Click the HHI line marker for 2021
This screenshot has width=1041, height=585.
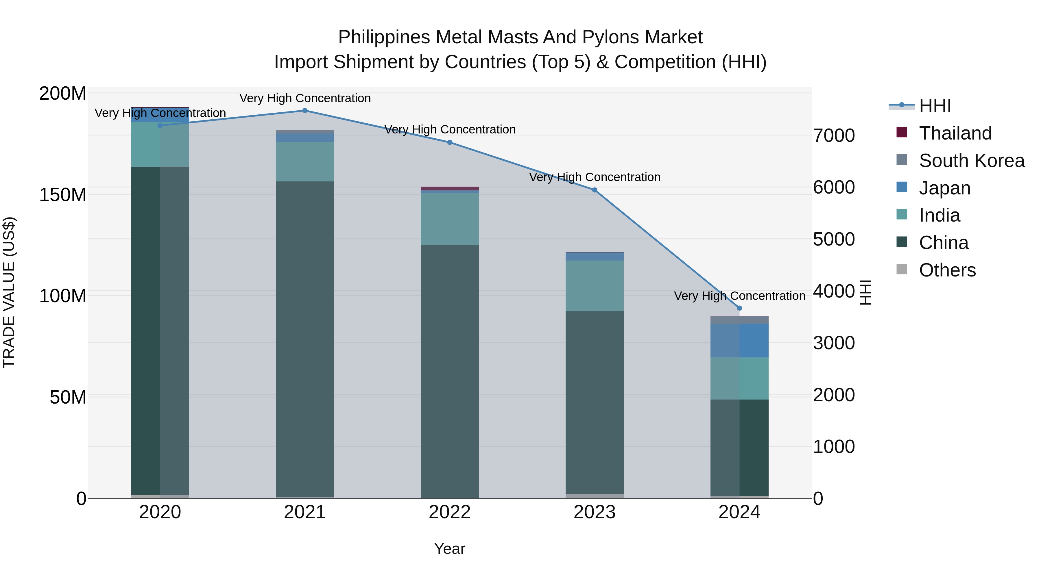305,111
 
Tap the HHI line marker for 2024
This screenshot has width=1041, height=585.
739,308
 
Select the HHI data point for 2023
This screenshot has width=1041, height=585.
595,190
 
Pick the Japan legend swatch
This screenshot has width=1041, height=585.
902,187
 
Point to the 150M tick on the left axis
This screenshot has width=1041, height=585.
63,195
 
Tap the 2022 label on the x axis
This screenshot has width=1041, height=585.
449,512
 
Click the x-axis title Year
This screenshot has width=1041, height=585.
449,549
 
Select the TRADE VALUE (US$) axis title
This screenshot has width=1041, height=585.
9,292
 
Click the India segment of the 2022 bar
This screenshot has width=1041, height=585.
449,219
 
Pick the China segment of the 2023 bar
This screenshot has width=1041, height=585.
595,402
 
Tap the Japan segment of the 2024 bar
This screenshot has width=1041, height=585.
739,340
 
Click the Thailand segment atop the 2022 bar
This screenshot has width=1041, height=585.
449,189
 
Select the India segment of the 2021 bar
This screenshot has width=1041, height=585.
305,161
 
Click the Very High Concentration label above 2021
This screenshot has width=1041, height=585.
305,98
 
